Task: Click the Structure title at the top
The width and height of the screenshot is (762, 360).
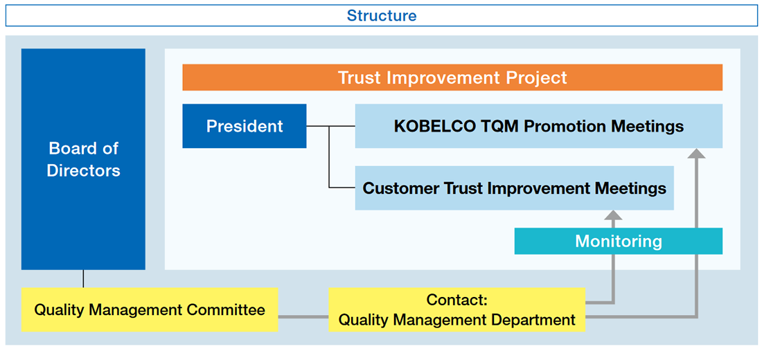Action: coord(381,15)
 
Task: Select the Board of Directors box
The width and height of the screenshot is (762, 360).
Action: coord(83,159)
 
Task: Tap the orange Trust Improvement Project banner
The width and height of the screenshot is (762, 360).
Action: coord(452,78)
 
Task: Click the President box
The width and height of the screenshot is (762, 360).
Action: coord(245,126)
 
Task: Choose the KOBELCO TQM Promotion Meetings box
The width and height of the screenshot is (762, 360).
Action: coord(538,126)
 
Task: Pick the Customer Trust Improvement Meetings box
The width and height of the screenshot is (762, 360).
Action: coord(514,188)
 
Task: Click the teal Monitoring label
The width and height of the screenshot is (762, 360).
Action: coord(618,241)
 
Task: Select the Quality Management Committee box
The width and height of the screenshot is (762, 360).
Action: coord(150,309)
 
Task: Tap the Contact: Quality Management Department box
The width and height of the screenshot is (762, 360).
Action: coord(457,309)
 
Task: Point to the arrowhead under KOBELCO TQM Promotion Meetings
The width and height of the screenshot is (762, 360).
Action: coord(698,154)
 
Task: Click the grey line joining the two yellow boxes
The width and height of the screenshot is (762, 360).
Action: coord(303,317)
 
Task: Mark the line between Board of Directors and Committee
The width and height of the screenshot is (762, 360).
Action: coord(83,278)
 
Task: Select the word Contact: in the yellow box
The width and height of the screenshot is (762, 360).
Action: coord(457,300)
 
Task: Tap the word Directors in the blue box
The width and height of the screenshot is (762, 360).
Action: coord(84,170)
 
